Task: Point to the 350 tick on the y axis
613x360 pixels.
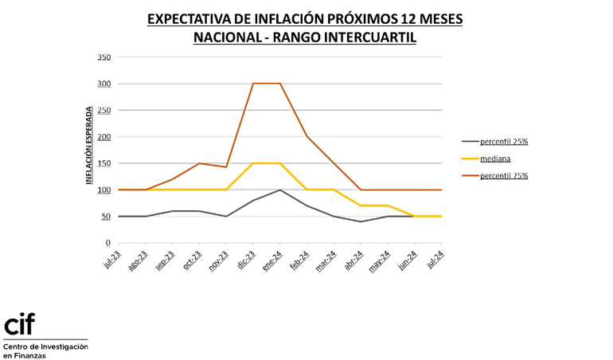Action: [103, 57]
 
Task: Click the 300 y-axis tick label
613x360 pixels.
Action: [103, 84]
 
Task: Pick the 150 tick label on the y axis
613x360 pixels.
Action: [103, 163]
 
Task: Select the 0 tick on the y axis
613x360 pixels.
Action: [107, 243]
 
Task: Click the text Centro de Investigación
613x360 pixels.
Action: [45, 346]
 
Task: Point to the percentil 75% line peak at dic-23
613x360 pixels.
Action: [253, 84]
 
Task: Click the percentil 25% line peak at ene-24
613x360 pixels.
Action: [280, 190]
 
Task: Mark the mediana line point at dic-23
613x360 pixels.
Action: [253, 163]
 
